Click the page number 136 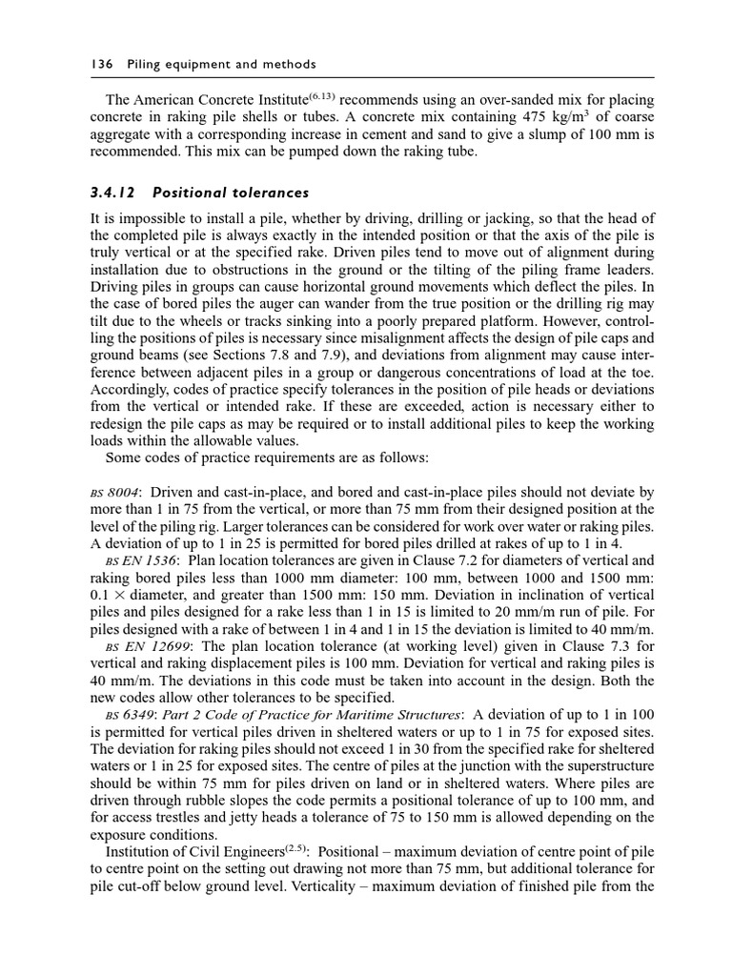[x=101, y=64]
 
